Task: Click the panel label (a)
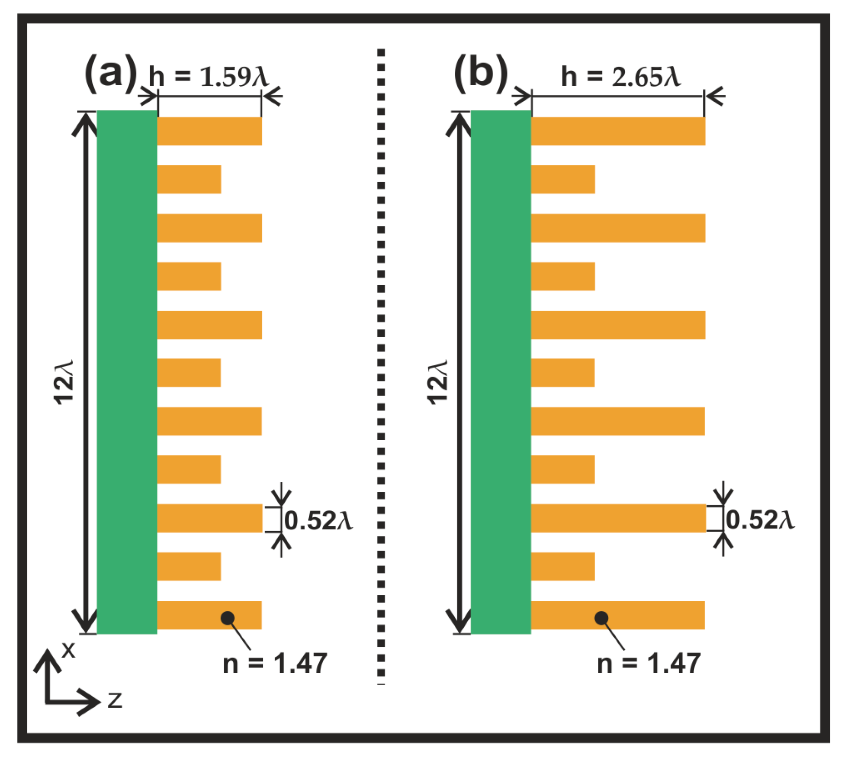111,73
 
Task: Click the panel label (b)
481,73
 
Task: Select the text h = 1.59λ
209,77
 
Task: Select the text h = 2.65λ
621,77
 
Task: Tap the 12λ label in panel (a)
64,382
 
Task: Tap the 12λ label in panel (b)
437,382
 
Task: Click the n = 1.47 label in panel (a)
275,663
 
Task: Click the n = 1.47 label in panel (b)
649,663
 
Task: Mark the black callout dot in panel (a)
228,618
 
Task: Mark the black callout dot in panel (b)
601,618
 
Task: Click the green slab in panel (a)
127,372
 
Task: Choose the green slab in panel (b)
501,372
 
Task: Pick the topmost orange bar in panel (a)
210,131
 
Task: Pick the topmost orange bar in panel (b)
618,131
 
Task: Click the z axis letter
115,700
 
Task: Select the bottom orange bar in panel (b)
618,615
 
